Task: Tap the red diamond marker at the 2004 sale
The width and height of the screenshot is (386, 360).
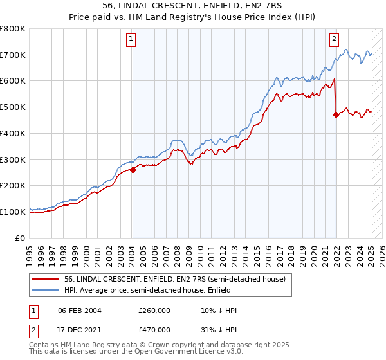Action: click(133, 170)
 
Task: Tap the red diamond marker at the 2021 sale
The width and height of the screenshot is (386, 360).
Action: click(336, 115)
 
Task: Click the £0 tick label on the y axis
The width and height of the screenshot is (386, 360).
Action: click(21, 238)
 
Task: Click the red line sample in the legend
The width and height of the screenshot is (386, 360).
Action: click(45, 278)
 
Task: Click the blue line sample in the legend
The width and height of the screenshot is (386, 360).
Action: click(45, 289)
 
